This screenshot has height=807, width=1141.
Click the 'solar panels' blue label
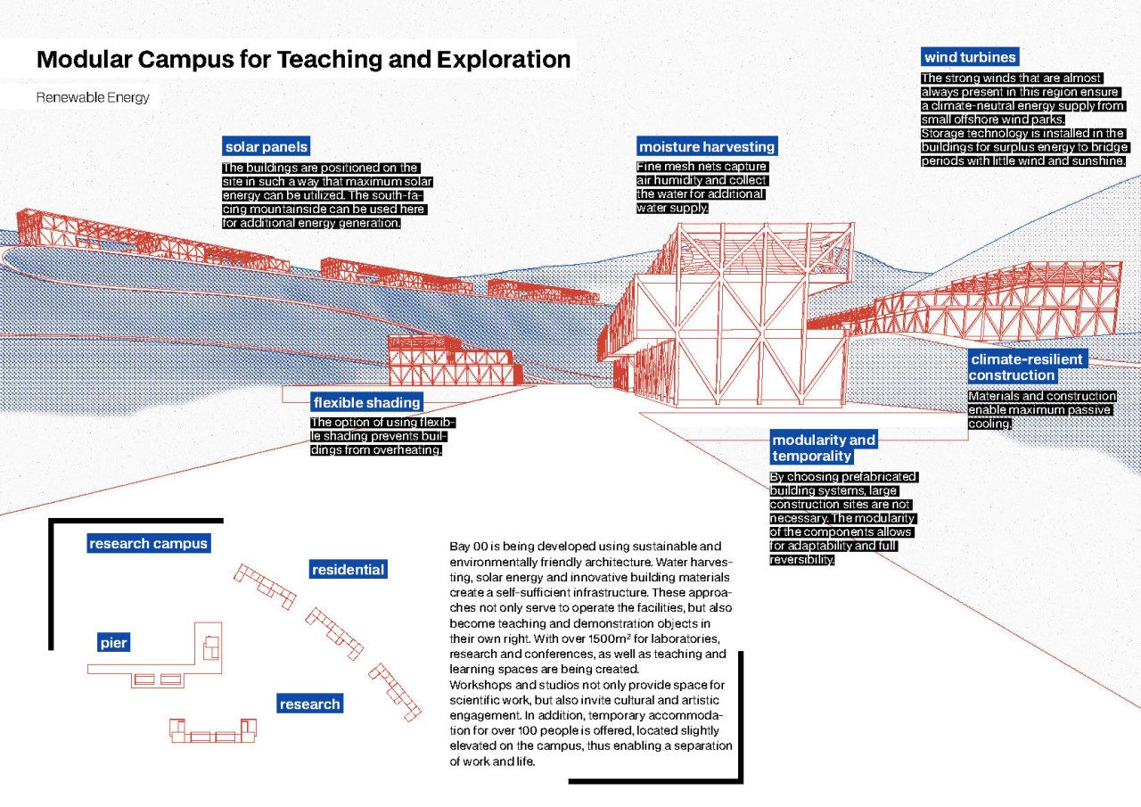pos(267,147)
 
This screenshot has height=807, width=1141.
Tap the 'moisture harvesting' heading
pos(707,147)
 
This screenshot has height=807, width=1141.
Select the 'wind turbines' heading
pos(970,58)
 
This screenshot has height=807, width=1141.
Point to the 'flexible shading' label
pos(366,402)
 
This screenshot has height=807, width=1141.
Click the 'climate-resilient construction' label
pos(1026,367)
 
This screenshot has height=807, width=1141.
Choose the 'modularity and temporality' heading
pos(824,448)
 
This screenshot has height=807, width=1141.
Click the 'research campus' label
pos(148,543)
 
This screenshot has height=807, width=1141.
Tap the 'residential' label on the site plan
pos(348,570)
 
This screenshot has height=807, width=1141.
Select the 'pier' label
pos(114,643)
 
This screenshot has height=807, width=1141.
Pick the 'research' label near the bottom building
pos(309,704)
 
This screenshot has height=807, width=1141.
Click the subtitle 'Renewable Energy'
pos(93,97)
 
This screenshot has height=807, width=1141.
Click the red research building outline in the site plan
pos(213,730)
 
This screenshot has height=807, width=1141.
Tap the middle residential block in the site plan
pos(334,630)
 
